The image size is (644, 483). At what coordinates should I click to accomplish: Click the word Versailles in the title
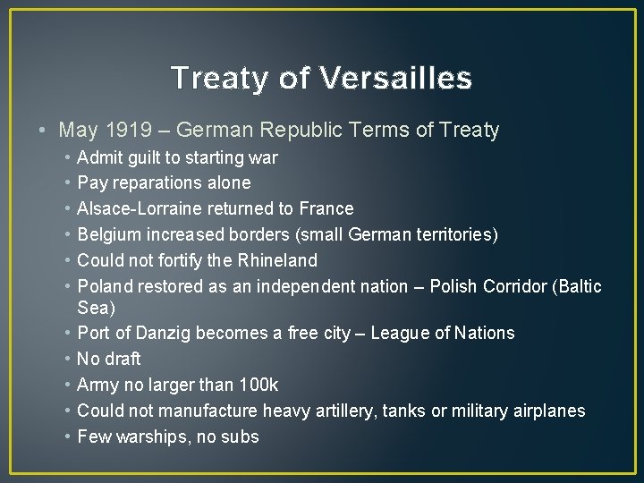(x=394, y=79)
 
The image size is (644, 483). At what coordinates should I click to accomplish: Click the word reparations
(x=156, y=183)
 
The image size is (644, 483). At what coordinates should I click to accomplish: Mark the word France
(x=326, y=208)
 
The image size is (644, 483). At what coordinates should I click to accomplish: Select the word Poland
(x=104, y=286)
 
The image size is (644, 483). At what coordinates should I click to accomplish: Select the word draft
(x=123, y=359)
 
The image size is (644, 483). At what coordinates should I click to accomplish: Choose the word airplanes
(x=549, y=411)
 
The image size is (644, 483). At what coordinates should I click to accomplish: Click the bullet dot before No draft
(x=68, y=359)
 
